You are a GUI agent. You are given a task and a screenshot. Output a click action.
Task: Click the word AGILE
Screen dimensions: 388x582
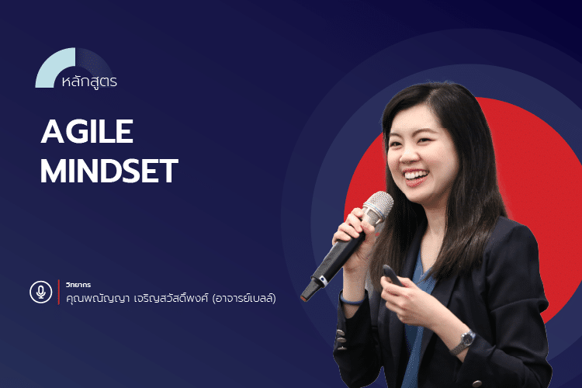coord(87,133)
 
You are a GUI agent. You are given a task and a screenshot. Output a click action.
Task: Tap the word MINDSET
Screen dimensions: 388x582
coord(109,172)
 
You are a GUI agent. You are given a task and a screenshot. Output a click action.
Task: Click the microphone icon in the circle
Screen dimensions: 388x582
coord(40,292)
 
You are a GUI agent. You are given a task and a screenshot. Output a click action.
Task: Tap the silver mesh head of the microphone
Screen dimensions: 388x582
coord(377,208)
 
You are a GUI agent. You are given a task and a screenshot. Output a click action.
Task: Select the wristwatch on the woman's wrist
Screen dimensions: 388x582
coord(465,339)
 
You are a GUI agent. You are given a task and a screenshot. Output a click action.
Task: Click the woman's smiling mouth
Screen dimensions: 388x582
coord(415,176)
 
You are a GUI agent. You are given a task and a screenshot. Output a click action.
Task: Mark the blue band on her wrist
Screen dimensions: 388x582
coord(352,297)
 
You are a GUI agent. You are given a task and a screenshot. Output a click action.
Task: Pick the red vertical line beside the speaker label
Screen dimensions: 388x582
coord(59,292)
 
